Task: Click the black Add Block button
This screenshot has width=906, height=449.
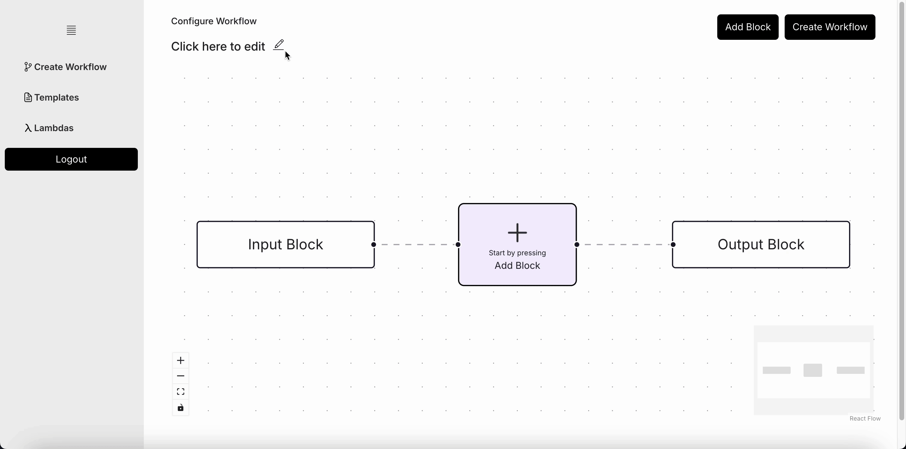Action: pyautogui.click(x=748, y=27)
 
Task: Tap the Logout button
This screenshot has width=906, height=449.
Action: pyautogui.click(x=71, y=159)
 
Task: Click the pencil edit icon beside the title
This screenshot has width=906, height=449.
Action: pyautogui.click(x=279, y=45)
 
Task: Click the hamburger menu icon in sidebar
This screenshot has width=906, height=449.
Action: pyautogui.click(x=71, y=30)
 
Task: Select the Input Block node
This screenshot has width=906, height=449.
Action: pyautogui.click(x=285, y=245)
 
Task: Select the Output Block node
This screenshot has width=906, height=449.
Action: pyautogui.click(x=761, y=245)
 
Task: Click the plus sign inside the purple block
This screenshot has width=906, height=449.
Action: pyautogui.click(x=517, y=232)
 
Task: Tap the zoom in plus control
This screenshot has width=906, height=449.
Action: pyautogui.click(x=180, y=360)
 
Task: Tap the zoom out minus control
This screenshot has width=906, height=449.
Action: pyautogui.click(x=180, y=376)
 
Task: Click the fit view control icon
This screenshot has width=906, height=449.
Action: pyautogui.click(x=180, y=392)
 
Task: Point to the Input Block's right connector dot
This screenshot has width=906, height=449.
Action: pyautogui.click(x=374, y=245)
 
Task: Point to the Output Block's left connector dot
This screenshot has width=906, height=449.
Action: pyautogui.click(x=673, y=245)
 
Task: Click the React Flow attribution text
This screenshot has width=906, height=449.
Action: pyautogui.click(x=865, y=418)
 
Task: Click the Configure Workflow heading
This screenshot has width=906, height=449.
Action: pyautogui.click(x=214, y=21)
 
